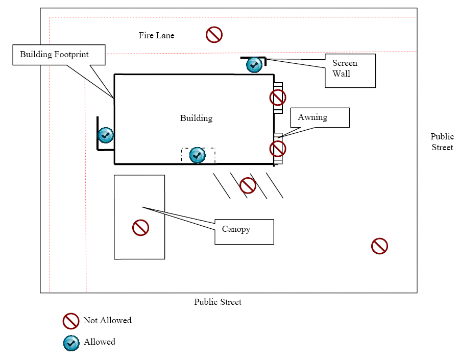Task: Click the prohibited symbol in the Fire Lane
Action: [214, 35]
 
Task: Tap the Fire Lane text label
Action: [156, 36]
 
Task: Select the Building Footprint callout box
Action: [58, 55]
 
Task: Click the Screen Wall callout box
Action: [350, 71]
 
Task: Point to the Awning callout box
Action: [320, 117]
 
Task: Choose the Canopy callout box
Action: [244, 232]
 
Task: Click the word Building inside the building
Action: [196, 118]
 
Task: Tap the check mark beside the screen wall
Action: [254, 65]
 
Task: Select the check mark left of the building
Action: [106, 135]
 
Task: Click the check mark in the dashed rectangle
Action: [198, 155]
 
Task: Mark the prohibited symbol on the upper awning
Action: [277, 97]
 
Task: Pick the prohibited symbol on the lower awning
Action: [277, 149]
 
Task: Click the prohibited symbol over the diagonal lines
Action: [248, 185]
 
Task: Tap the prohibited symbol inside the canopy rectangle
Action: [140, 228]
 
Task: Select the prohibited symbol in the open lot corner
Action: [379, 246]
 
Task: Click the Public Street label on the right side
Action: [442, 142]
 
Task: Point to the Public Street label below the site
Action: [218, 302]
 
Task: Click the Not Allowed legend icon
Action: [70, 321]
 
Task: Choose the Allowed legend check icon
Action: [71, 343]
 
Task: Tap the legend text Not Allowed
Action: [107, 321]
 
